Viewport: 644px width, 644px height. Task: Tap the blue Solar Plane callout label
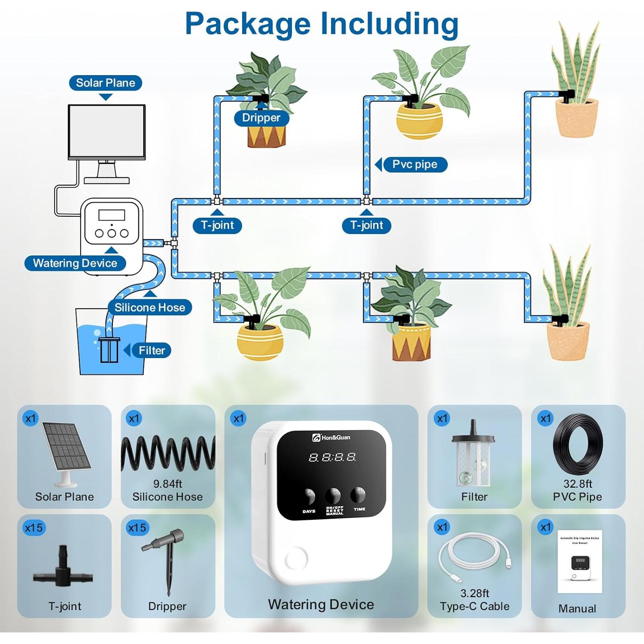pos(106,83)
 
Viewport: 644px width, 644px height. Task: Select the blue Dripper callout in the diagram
pos(261,118)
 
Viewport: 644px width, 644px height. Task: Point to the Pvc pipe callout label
pos(415,164)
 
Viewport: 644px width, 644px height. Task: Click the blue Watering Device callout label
pos(75,263)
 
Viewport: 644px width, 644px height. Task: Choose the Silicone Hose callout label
pos(149,307)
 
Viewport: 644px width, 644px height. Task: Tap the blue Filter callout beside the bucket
pos(152,350)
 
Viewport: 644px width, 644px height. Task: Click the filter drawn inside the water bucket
pos(109,349)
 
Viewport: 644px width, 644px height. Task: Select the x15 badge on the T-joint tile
pos(33,528)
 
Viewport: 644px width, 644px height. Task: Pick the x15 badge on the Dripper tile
pos(137,528)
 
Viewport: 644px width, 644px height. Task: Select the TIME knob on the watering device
pos(358,495)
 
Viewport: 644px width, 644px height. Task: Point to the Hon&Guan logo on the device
pos(331,437)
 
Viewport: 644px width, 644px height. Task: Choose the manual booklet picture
pos(580,562)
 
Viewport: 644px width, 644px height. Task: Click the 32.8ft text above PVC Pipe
pos(577,484)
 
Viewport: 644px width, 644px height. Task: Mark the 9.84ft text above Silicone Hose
pos(167,484)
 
